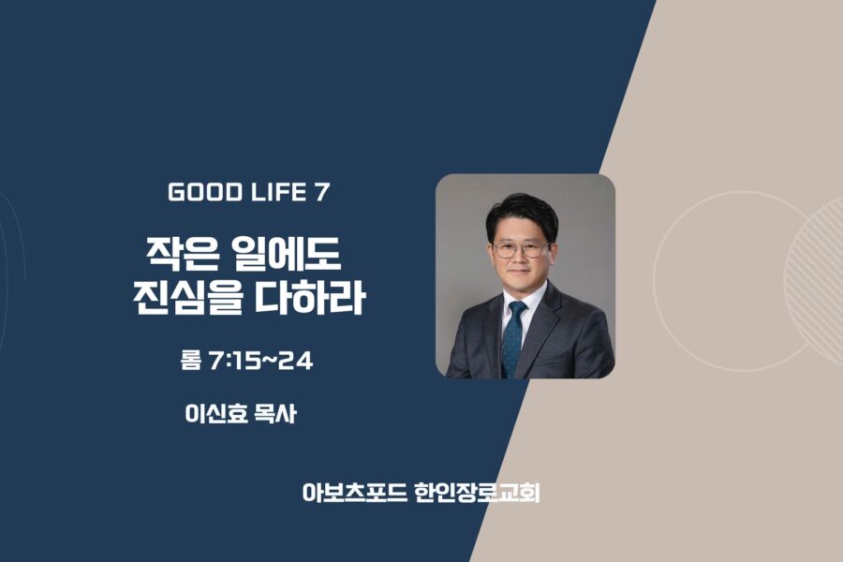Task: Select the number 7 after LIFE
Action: point(320,192)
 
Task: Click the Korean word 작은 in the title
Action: point(183,254)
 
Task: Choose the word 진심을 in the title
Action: point(187,298)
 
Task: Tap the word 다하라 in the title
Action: point(310,298)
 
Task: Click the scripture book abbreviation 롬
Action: point(190,361)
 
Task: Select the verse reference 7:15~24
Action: point(260,361)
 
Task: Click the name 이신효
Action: point(215,414)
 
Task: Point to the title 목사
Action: point(275,414)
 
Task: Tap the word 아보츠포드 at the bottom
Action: point(354,492)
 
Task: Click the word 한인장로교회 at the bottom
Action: point(478,492)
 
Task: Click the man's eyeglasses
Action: point(520,249)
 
